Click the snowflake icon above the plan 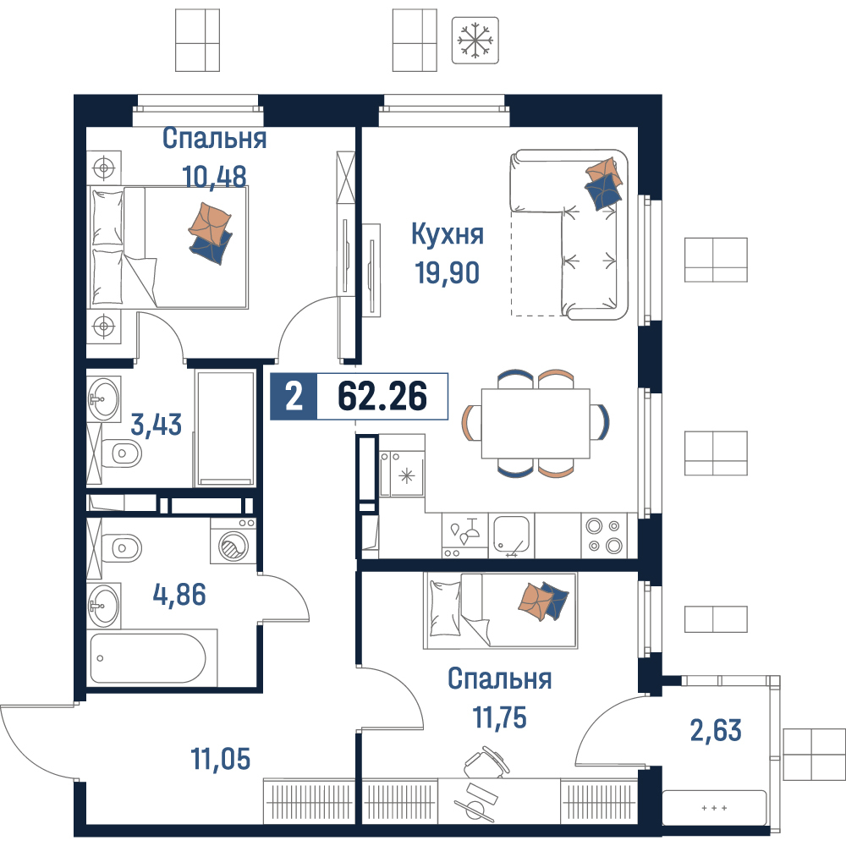point(475,41)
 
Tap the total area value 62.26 point(382,396)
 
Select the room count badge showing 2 point(294,397)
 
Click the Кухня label point(448,234)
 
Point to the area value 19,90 point(447,272)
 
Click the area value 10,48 point(214,177)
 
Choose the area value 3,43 point(156,425)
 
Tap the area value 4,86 point(179,595)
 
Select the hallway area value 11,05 point(221,759)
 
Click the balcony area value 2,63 point(716,731)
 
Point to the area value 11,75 point(500,717)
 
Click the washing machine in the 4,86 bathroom point(233,541)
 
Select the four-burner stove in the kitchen point(604,536)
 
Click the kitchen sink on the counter point(511,536)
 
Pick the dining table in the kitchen point(536,424)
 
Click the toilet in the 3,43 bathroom point(121,453)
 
